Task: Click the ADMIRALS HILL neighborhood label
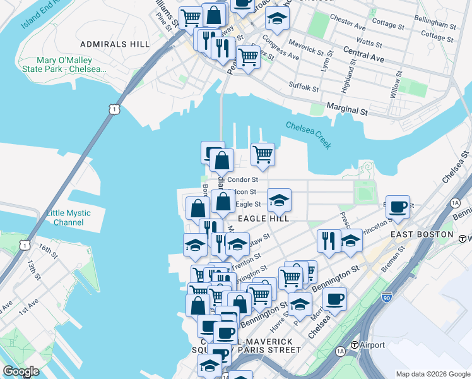[115, 44]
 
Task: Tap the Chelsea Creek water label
[309, 135]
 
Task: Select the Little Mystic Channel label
[69, 218]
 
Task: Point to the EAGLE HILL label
[263, 219]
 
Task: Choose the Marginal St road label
[346, 110]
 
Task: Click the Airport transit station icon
[355, 345]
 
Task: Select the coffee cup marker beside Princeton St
[398, 206]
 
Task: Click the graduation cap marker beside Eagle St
[279, 201]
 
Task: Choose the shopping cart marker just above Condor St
[263, 153]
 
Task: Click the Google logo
[21, 371]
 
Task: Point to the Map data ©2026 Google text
[432, 374]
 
